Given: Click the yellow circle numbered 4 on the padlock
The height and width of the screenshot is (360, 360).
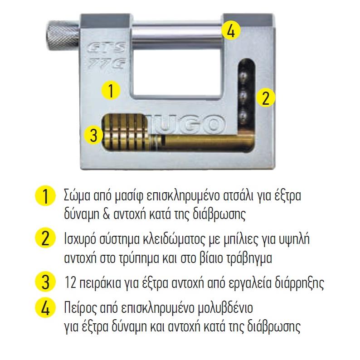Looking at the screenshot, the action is click(230, 30).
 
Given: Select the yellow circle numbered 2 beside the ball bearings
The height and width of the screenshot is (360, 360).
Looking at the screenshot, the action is click(265, 98).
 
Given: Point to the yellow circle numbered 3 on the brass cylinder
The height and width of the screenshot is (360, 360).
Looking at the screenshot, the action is click(94, 135).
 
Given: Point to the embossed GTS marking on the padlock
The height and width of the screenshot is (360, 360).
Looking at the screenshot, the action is click(107, 48).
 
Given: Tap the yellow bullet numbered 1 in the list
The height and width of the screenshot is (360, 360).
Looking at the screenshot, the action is click(45, 197).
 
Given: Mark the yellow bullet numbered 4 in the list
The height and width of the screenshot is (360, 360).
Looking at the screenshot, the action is click(45, 308).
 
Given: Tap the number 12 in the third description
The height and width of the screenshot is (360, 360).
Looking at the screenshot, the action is click(70, 282).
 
